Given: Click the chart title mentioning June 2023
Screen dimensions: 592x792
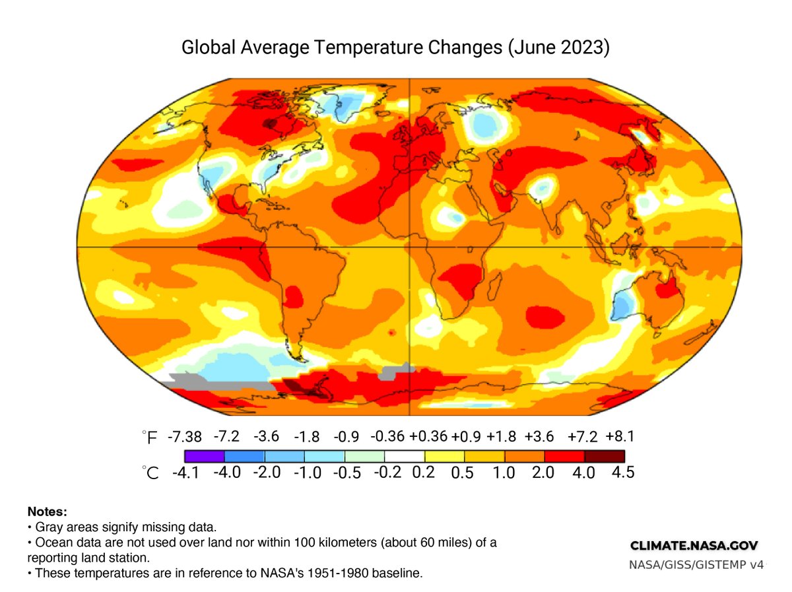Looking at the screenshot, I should (x=395, y=48).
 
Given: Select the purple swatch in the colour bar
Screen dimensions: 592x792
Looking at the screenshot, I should (x=205, y=456).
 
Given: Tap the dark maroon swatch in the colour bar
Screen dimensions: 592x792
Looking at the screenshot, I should (x=605, y=456).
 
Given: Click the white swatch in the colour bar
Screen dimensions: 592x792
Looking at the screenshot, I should (x=405, y=456).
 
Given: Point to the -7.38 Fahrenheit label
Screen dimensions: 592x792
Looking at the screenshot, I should (x=184, y=437).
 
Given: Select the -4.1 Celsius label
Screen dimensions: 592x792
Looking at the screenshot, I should (x=185, y=473).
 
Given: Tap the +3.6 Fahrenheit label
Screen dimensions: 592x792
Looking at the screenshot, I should (x=541, y=437).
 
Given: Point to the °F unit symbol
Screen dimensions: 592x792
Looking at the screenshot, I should (x=150, y=438).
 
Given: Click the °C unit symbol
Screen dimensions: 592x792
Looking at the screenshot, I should (x=150, y=473).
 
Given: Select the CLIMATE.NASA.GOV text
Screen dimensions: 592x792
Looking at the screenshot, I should (x=694, y=546).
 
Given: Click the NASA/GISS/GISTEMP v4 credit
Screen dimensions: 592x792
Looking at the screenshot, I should (x=696, y=565).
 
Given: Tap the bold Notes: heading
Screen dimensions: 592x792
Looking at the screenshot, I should (x=47, y=511).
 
